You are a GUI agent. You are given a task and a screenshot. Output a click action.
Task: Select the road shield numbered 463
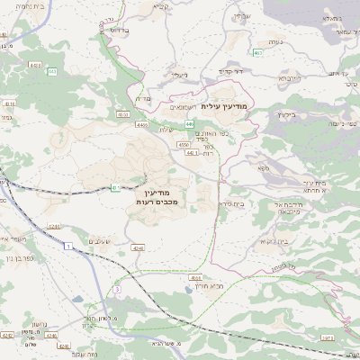[258, 53]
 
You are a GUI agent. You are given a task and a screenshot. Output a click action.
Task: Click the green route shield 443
[51, 72]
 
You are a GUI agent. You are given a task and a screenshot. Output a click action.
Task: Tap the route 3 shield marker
[117, 289]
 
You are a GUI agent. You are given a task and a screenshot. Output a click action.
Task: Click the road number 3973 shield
[326, 337]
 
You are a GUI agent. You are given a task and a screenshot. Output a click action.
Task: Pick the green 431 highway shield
[115, 188]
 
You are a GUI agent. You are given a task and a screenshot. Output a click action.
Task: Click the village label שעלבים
[99, 241]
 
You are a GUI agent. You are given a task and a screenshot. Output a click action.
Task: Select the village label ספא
[262, 168]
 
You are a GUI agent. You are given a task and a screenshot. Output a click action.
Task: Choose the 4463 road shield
[36, 65]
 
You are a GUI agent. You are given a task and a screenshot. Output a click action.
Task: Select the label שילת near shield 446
[166, 129]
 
